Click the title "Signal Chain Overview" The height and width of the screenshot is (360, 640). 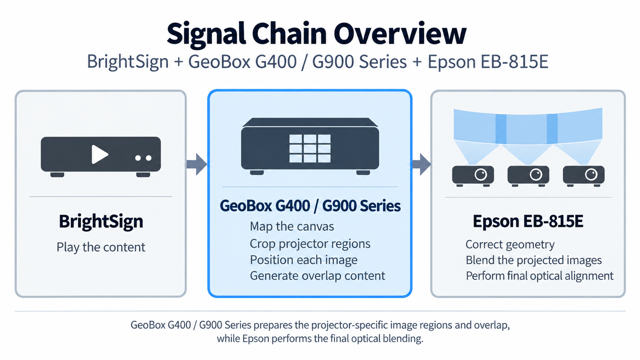[x=316, y=34]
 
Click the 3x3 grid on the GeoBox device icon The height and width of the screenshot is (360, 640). [x=310, y=148]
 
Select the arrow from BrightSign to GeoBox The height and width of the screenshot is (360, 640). [x=196, y=164]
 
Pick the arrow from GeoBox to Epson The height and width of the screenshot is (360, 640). [x=422, y=164]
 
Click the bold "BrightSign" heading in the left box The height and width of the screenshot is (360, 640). [x=101, y=222]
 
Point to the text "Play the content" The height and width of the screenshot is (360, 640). [x=101, y=247]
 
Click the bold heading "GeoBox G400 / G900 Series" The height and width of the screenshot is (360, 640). [x=310, y=206]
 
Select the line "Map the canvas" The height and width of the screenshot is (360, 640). [x=292, y=226]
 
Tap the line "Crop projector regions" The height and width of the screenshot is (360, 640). [x=310, y=244]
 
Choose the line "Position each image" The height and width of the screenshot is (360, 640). [x=304, y=260]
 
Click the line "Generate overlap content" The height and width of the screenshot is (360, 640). [x=318, y=276]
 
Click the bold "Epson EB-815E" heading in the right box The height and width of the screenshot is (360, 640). [x=528, y=222]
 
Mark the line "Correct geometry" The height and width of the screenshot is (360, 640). [x=510, y=244]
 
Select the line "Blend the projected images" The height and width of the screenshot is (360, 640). [x=534, y=260]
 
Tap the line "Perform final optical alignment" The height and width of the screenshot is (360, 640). [x=540, y=276]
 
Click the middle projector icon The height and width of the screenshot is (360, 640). [x=528, y=176]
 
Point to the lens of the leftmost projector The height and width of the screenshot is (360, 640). [x=481, y=174]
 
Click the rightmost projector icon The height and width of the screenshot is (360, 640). [x=584, y=176]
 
